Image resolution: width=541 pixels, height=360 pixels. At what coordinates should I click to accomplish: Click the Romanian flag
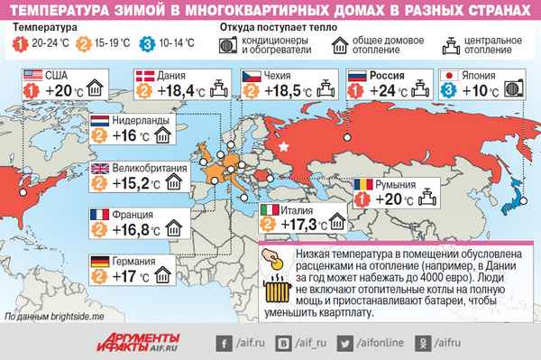(362, 184)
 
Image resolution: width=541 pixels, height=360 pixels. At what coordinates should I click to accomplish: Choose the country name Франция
(133, 215)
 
